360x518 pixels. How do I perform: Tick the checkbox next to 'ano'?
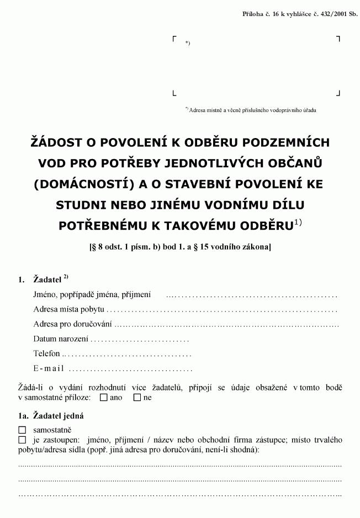click(104, 398)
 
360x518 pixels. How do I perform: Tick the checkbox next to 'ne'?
click(137, 398)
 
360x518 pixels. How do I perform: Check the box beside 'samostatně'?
click(22, 430)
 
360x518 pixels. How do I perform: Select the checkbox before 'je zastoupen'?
click(22, 440)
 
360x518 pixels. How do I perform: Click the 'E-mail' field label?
click(49, 368)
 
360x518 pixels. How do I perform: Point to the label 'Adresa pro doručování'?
click(72, 324)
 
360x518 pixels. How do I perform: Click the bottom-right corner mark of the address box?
click(338, 93)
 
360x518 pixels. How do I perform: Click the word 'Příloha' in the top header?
click(254, 13)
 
